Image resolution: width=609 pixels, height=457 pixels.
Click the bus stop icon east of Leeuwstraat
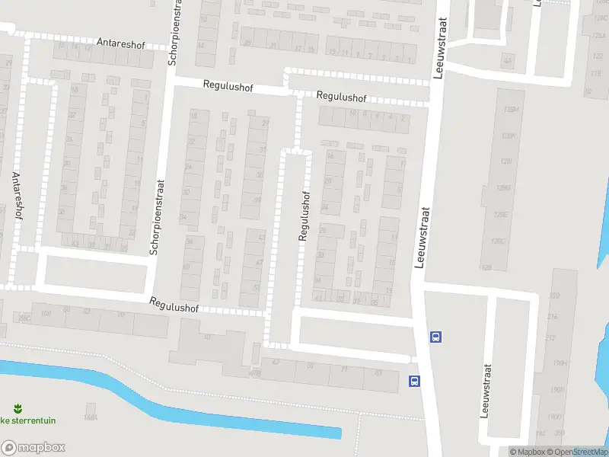point(435,335)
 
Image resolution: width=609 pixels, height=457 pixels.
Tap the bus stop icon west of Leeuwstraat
point(414,381)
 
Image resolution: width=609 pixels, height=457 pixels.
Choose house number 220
point(553,295)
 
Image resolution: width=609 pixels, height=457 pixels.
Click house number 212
point(550,337)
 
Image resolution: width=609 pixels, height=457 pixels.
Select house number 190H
point(560,363)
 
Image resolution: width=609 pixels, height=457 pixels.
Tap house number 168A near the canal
point(91,417)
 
